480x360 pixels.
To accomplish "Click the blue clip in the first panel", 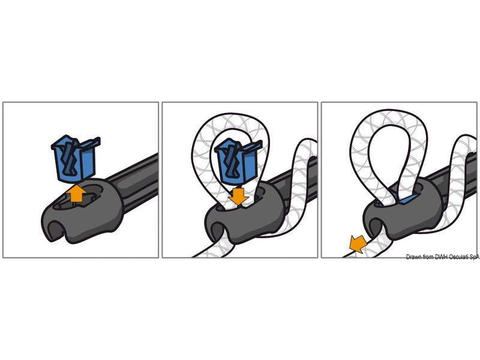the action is point(74,158).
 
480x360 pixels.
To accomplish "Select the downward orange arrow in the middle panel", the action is point(238,197).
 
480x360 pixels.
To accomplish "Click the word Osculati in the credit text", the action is point(458,257).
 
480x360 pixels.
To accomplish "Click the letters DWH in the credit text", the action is point(441,257).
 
